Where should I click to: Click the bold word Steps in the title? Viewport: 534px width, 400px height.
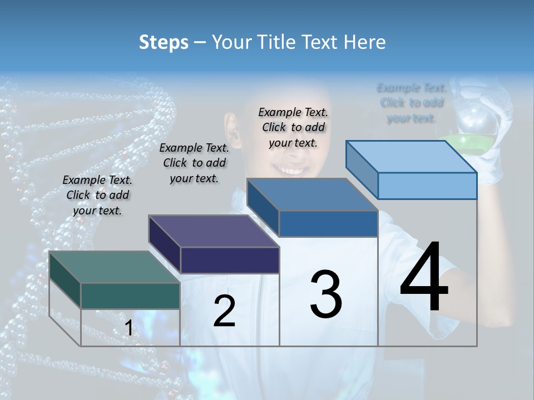[164, 42]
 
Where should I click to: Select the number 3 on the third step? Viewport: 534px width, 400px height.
[326, 294]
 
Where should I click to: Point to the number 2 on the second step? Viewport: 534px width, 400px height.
[225, 311]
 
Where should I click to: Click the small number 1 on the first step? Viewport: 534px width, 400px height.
[128, 328]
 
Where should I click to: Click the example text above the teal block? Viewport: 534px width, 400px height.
[97, 195]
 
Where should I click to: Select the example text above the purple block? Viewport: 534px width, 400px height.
[194, 163]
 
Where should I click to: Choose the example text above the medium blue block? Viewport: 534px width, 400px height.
[293, 127]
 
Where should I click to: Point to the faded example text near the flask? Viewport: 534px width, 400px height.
[412, 103]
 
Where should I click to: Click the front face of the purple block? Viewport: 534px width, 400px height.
[230, 261]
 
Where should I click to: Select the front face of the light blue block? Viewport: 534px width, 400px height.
[427, 186]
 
